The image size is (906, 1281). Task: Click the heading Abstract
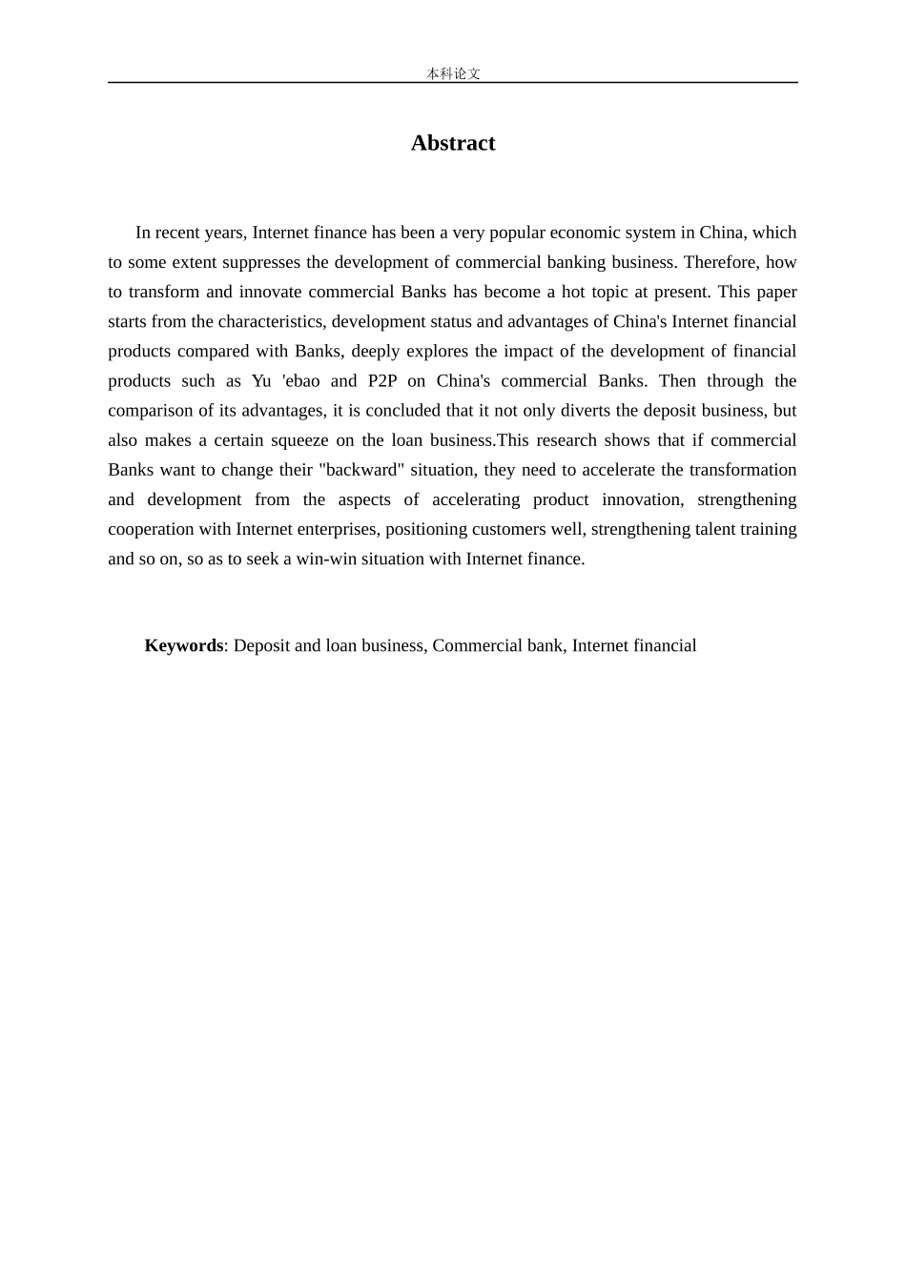click(x=453, y=143)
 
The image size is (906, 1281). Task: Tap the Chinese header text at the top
click(x=453, y=73)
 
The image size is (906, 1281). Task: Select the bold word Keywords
click(x=183, y=645)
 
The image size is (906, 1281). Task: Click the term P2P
click(x=381, y=381)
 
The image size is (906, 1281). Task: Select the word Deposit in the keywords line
click(x=261, y=645)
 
